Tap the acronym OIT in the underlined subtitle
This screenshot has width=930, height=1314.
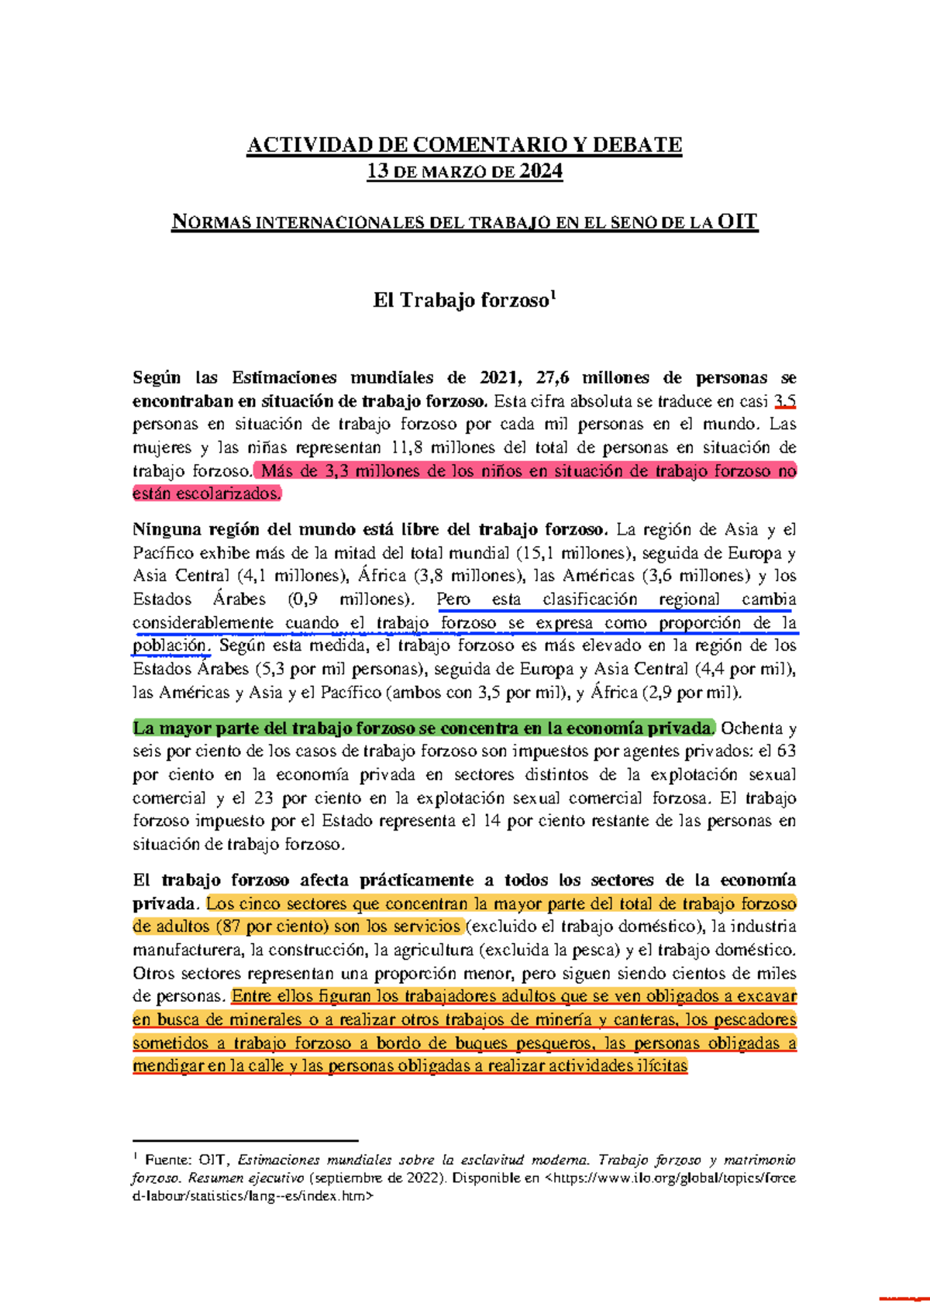click(x=737, y=222)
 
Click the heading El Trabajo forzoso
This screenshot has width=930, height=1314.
click(x=460, y=301)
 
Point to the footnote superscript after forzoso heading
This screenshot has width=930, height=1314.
click(x=553, y=294)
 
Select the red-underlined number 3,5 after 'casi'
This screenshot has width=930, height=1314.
click(x=786, y=401)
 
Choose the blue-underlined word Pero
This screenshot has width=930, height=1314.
click(x=453, y=600)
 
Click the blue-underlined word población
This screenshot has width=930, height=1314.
click(x=170, y=645)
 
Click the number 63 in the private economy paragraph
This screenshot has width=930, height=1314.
click(x=786, y=752)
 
